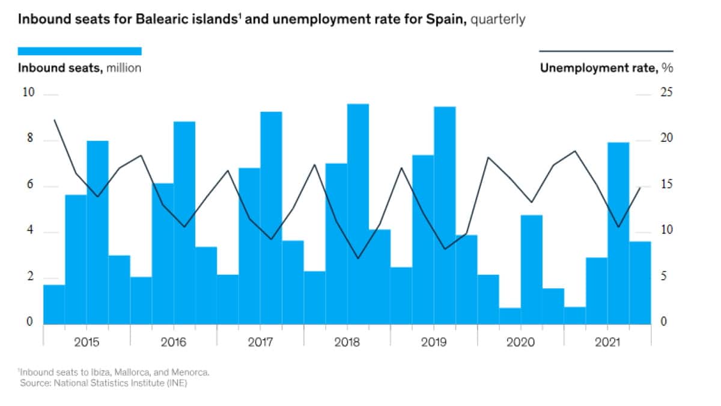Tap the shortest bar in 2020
pos(510,316)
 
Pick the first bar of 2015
pos(54,304)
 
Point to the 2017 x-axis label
pos(260,343)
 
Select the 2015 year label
pos(87,343)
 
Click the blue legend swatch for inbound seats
pos(80,51)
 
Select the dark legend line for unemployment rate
pos(606,51)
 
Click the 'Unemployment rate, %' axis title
pos(606,68)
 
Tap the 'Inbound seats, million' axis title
pos(80,68)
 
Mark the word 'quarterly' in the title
pos(498,19)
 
